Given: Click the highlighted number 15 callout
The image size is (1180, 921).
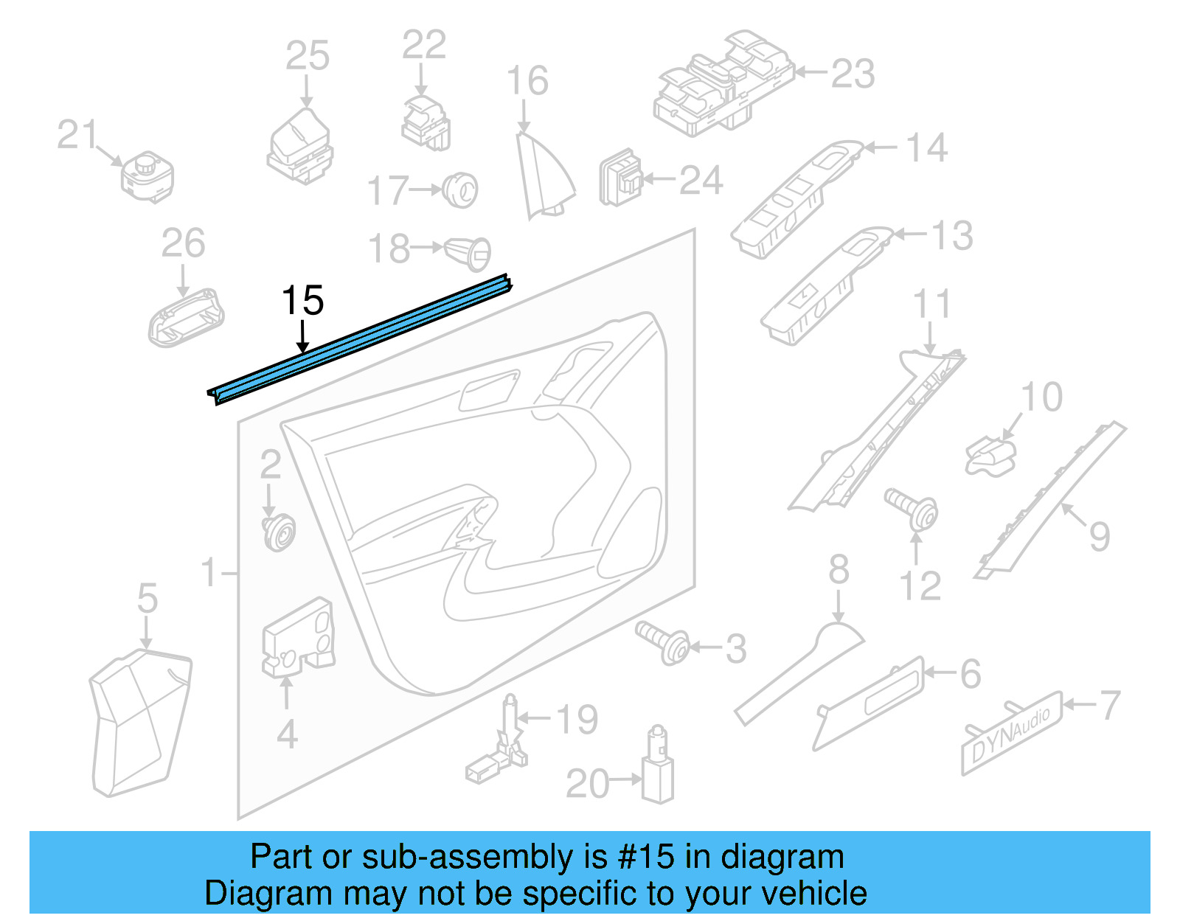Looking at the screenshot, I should (302, 301).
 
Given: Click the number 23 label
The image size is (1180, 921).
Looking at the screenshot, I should (853, 74).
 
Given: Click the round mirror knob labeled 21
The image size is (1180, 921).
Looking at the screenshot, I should (147, 177).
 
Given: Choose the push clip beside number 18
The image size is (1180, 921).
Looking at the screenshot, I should (468, 252).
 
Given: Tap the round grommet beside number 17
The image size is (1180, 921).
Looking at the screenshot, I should (461, 190).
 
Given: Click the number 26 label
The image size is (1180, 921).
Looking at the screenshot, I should (183, 243).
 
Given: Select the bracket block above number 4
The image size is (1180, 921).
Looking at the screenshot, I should (299, 638).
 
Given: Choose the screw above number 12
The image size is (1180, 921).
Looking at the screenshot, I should (913, 508).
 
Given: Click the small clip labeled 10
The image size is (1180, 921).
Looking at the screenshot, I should (990, 453).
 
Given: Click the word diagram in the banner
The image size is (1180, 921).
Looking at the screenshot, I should (782, 858).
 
